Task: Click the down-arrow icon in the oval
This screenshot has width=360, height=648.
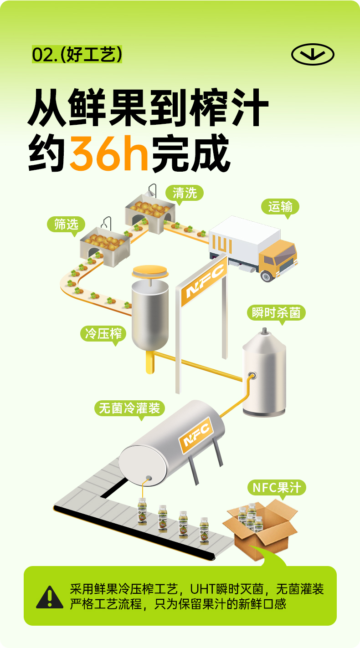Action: [313, 55]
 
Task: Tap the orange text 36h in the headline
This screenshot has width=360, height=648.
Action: [109, 153]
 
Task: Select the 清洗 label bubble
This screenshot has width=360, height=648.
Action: [184, 193]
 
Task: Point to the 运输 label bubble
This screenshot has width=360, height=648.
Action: [280, 207]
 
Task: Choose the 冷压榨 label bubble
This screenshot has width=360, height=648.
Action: [103, 333]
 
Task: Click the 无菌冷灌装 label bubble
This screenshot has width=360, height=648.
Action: [129, 408]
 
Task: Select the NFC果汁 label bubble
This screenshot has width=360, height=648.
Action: [277, 488]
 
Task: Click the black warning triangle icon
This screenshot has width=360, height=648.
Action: [50, 597]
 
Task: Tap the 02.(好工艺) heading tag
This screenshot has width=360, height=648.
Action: [77, 55]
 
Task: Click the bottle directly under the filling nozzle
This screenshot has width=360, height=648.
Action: [142, 511]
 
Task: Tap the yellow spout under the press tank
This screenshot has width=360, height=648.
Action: [150, 363]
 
